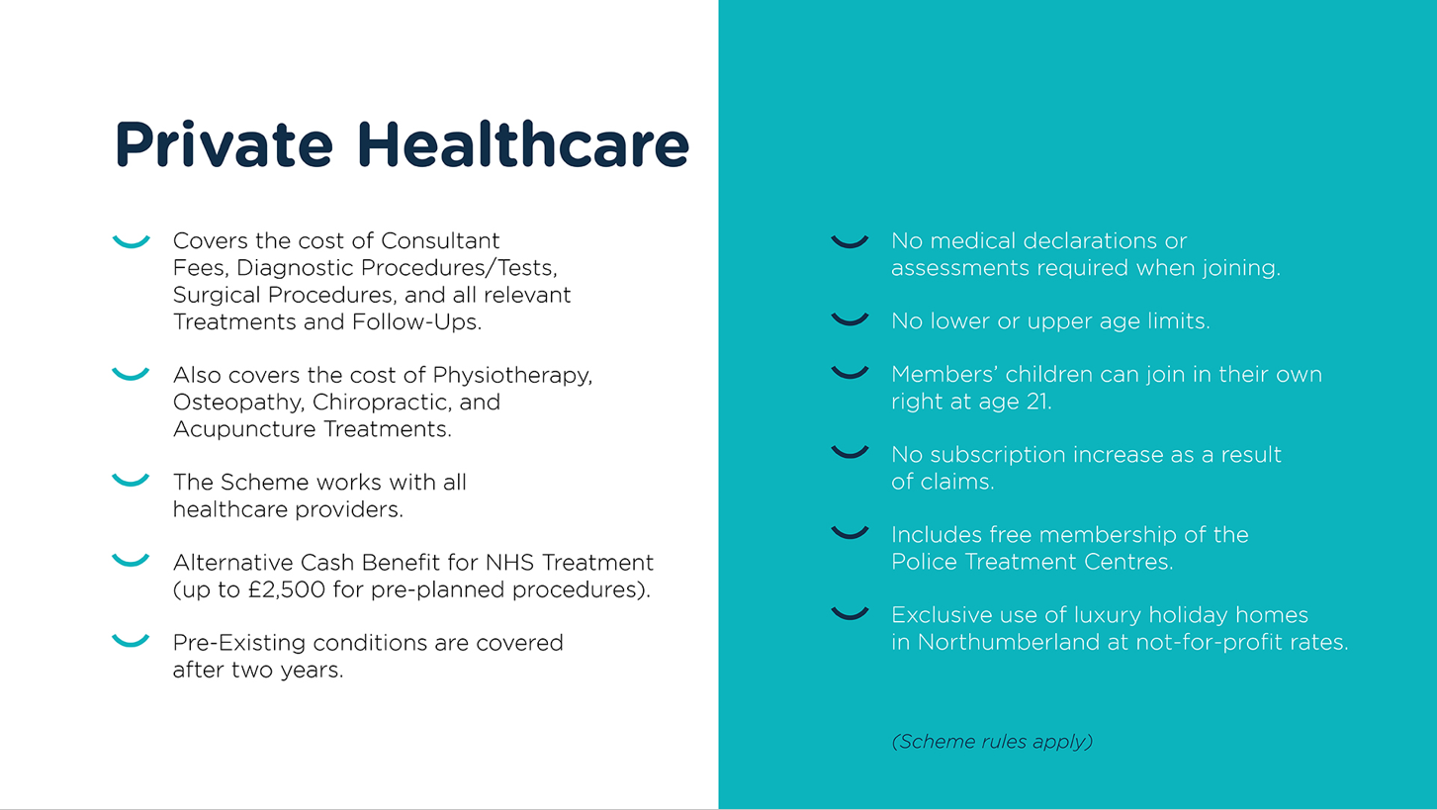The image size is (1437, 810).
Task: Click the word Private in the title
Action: (224, 144)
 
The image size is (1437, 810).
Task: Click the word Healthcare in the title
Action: (522, 144)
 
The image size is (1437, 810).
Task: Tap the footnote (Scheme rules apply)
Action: (992, 741)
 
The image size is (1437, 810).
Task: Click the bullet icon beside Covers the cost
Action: (131, 241)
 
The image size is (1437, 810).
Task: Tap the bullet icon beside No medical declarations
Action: (850, 241)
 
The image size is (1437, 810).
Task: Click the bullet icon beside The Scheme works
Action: (131, 481)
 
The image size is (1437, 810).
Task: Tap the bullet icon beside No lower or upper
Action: (850, 319)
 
